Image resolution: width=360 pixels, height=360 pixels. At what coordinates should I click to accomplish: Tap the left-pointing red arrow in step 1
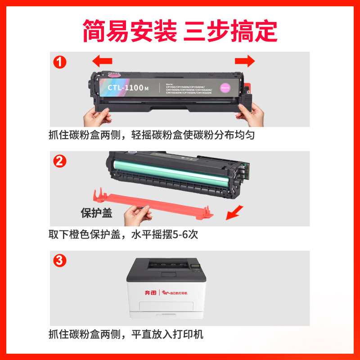click(x=101, y=61)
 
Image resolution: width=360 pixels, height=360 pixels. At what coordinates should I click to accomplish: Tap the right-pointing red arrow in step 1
click(x=245, y=61)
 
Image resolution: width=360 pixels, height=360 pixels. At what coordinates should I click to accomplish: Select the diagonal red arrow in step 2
click(x=234, y=213)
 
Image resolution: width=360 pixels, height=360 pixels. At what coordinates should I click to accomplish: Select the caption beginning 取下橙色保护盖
click(x=124, y=234)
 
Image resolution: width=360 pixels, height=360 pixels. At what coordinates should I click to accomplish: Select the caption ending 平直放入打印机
click(x=126, y=334)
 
